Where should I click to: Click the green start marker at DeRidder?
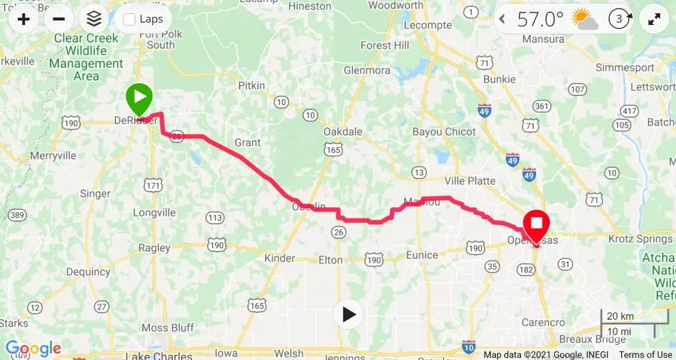(139, 100)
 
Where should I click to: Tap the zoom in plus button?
(24, 18)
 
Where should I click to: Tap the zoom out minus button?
(58, 18)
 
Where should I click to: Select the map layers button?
(94, 18)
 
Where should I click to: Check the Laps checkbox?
(129, 19)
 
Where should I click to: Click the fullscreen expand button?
(654, 19)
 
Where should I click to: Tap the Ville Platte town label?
(470, 181)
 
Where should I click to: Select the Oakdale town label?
(343, 131)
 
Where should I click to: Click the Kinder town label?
(279, 258)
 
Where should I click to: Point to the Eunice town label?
(421, 255)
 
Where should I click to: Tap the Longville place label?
(154, 213)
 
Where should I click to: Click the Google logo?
(33, 349)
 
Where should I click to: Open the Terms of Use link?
(645, 355)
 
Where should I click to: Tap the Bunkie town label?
(499, 79)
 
